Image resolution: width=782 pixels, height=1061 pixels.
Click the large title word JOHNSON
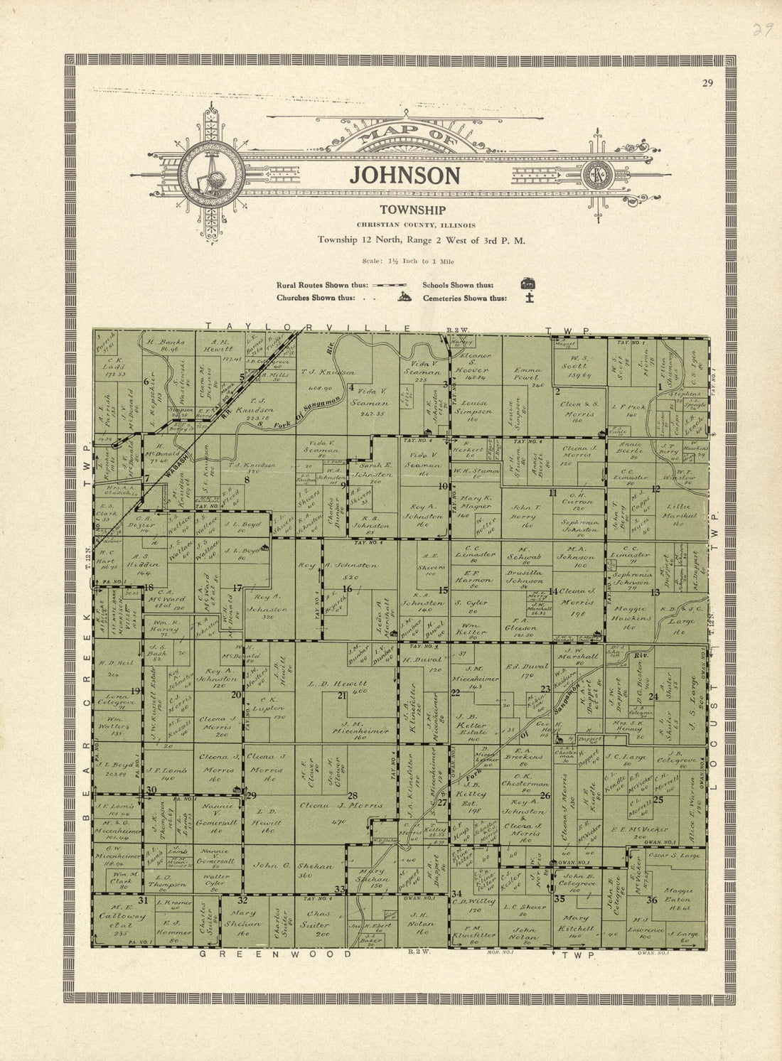coord(405,176)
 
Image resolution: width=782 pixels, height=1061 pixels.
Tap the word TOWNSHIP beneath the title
coord(412,210)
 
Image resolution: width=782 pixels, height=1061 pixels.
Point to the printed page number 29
coord(707,83)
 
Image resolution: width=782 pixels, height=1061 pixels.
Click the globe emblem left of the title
coord(211,174)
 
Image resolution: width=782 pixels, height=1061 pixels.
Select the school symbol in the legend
coord(527,284)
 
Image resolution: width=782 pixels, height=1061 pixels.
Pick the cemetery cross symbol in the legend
coord(528,298)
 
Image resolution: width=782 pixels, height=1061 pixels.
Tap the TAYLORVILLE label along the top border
coord(309,327)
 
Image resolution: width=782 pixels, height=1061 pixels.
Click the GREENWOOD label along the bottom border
coord(275,954)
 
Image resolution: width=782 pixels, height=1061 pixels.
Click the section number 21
coord(342,695)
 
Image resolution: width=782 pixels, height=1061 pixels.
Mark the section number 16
coord(347,588)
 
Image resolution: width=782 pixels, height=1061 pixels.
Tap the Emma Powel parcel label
coord(527,375)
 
